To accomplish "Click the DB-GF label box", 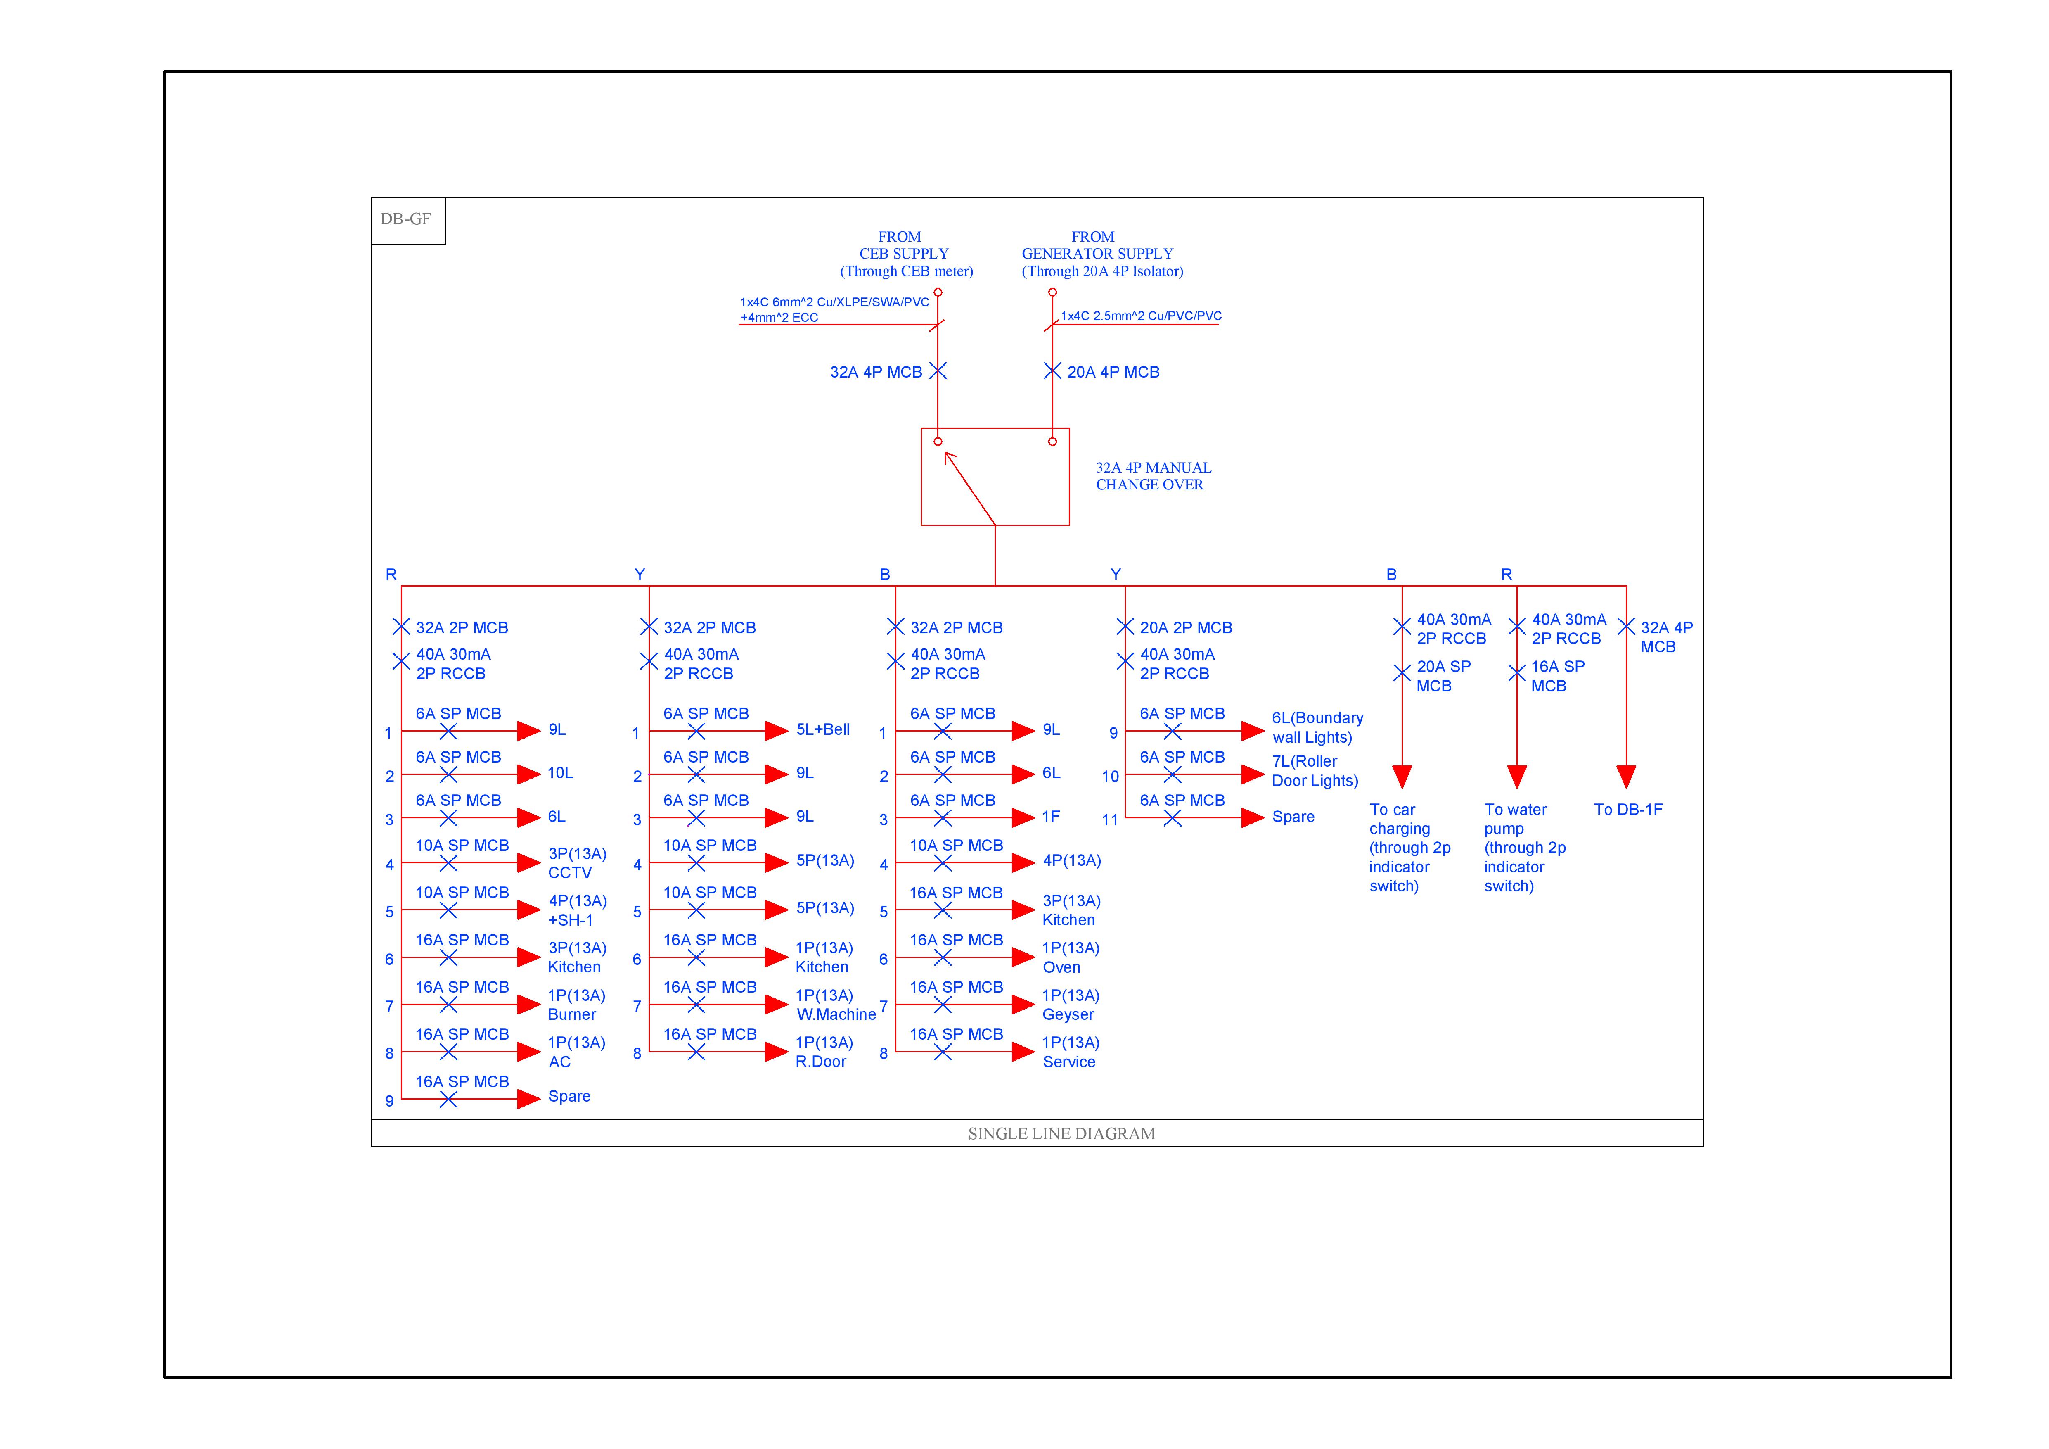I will pyautogui.click(x=407, y=220).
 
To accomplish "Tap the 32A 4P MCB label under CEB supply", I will pyautogui.click(x=876, y=372).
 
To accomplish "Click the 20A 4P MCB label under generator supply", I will pyautogui.click(x=1113, y=372).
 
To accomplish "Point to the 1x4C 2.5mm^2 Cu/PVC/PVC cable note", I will pyautogui.click(x=1141, y=316).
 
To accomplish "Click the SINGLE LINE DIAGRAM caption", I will pyautogui.click(x=1061, y=1134).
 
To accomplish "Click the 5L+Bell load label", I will pyautogui.click(x=823, y=729).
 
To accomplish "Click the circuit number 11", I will pyautogui.click(x=1109, y=820).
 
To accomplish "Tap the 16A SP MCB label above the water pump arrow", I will pyautogui.click(x=1557, y=676).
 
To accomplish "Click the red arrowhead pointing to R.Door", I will pyautogui.click(x=775, y=1052).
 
